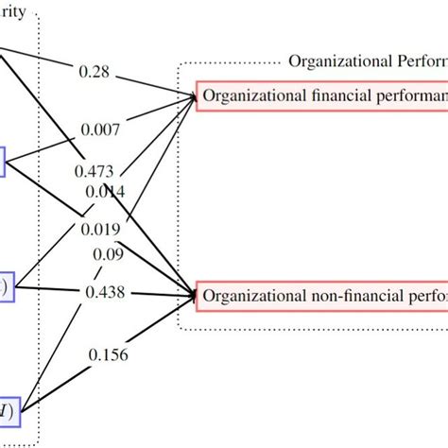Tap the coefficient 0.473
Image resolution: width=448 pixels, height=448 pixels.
tap(94, 171)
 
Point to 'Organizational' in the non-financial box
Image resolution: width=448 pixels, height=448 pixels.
tap(247, 296)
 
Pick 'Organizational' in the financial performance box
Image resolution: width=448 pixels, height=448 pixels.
tap(247, 95)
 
